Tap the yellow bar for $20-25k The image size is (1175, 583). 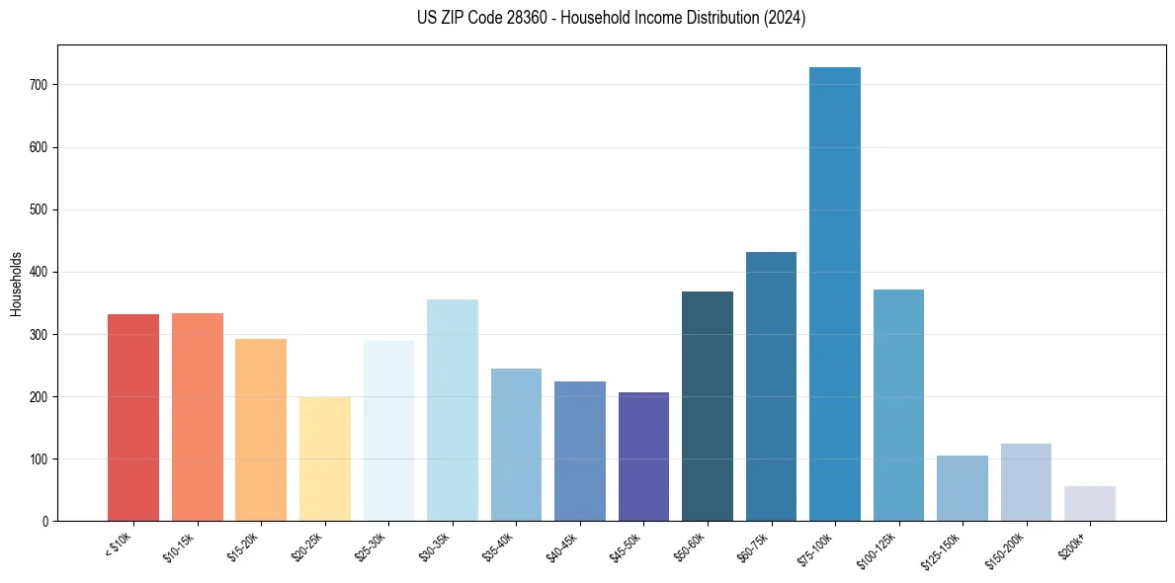tap(325, 458)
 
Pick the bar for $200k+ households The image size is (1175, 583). tap(1090, 503)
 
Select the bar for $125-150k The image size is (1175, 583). tap(963, 488)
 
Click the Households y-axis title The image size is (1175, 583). tap(16, 284)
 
